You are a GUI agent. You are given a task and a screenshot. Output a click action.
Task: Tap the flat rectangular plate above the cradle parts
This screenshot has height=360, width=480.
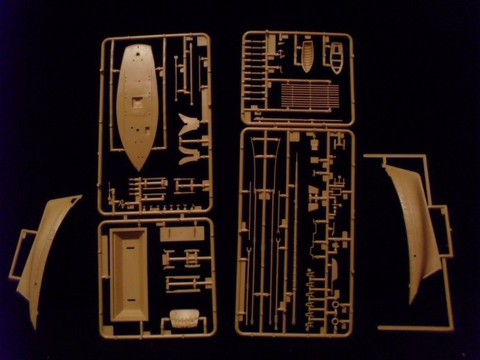tap(176, 234)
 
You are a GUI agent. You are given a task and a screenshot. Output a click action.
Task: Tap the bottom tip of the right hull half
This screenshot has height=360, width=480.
tap(412, 301)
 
